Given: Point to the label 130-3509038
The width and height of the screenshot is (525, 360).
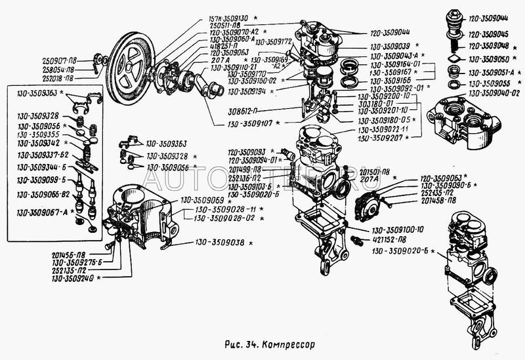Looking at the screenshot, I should [x=219, y=243].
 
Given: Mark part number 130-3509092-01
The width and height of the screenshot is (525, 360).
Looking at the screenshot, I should [x=399, y=88].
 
